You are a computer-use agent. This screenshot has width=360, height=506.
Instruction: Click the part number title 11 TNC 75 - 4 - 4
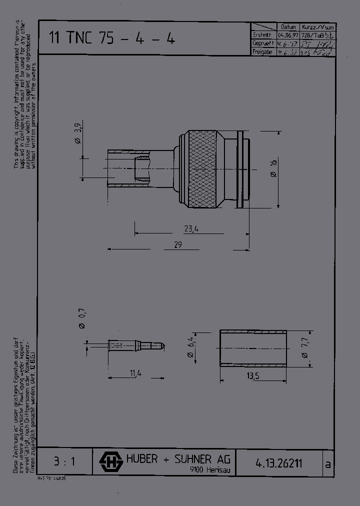coord(111,38)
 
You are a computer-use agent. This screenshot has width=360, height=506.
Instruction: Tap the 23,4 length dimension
coord(191,229)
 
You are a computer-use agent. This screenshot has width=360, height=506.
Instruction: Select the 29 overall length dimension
coord(177,244)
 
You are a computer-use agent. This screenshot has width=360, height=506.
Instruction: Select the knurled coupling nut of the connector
coord(202,170)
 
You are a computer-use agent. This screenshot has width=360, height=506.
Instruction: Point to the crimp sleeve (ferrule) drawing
coord(253,349)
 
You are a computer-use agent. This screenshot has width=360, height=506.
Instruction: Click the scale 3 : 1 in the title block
coord(64,461)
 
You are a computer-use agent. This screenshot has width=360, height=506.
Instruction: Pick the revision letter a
coord(327,463)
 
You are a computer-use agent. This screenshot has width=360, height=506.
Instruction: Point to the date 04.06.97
coord(288,35)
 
